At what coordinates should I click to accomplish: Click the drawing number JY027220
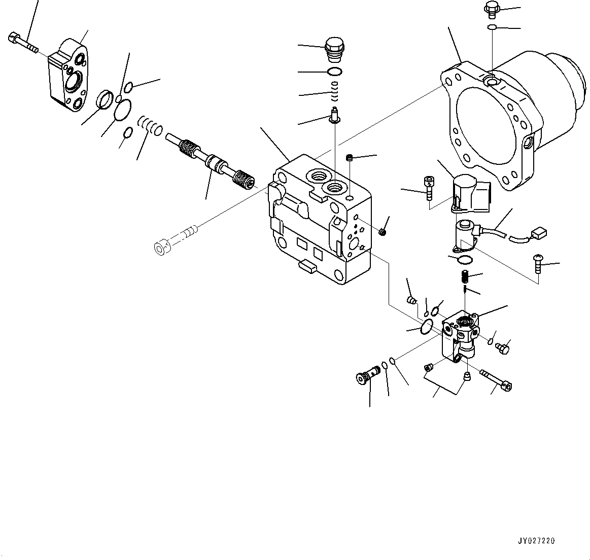(537, 541)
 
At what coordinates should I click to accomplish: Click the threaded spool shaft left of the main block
(210, 161)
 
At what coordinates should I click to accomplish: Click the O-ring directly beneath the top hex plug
(333, 71)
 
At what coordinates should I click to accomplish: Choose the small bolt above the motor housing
(492, 9)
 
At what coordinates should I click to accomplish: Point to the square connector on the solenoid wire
(537, 234)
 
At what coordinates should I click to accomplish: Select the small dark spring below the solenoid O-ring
(464, 277)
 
